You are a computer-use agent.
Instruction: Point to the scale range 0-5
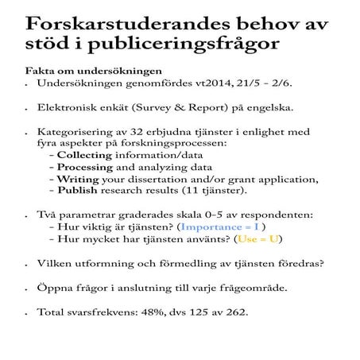pyautogui.click(x=180, y=214)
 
